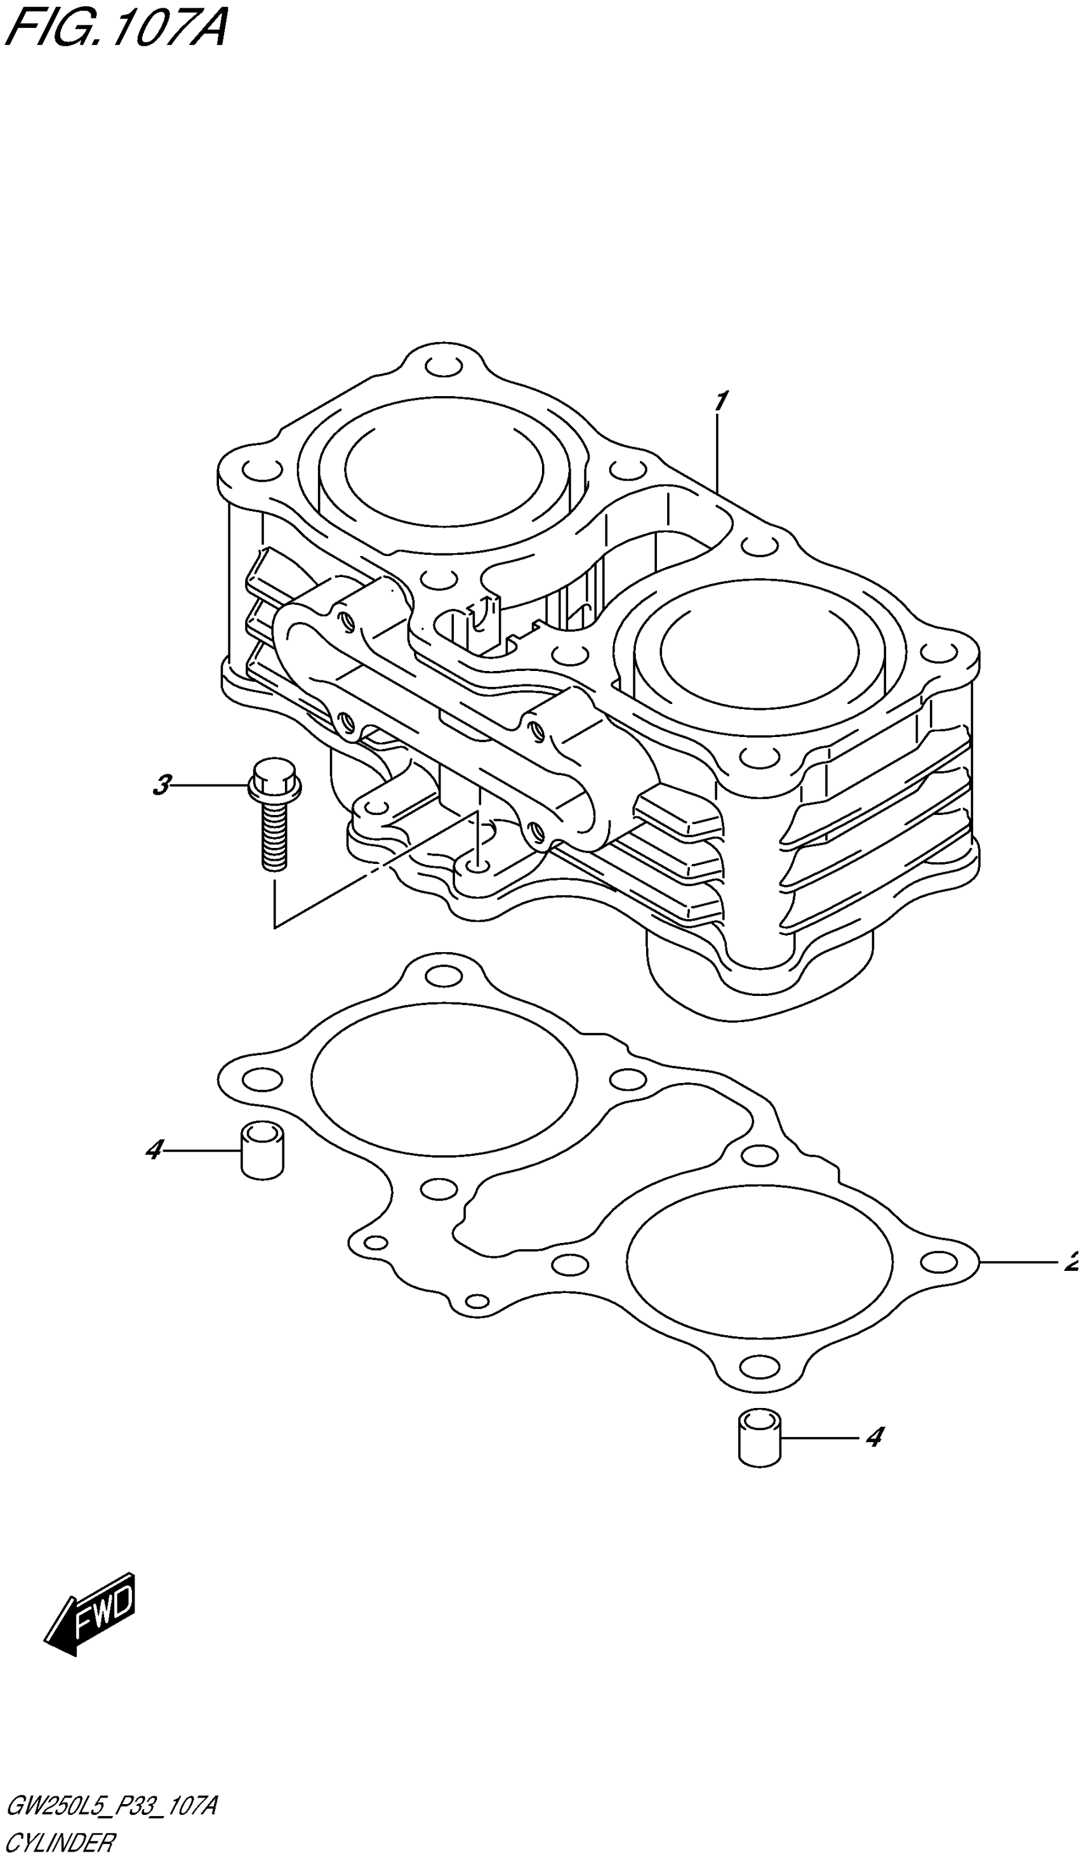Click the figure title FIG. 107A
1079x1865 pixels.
click(x=115, y=28)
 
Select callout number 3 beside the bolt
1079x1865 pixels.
click(x=161, y=785)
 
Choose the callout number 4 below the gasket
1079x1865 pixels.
click(x=874, y=1437)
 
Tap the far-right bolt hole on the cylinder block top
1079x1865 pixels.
click(x=938, y=653)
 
